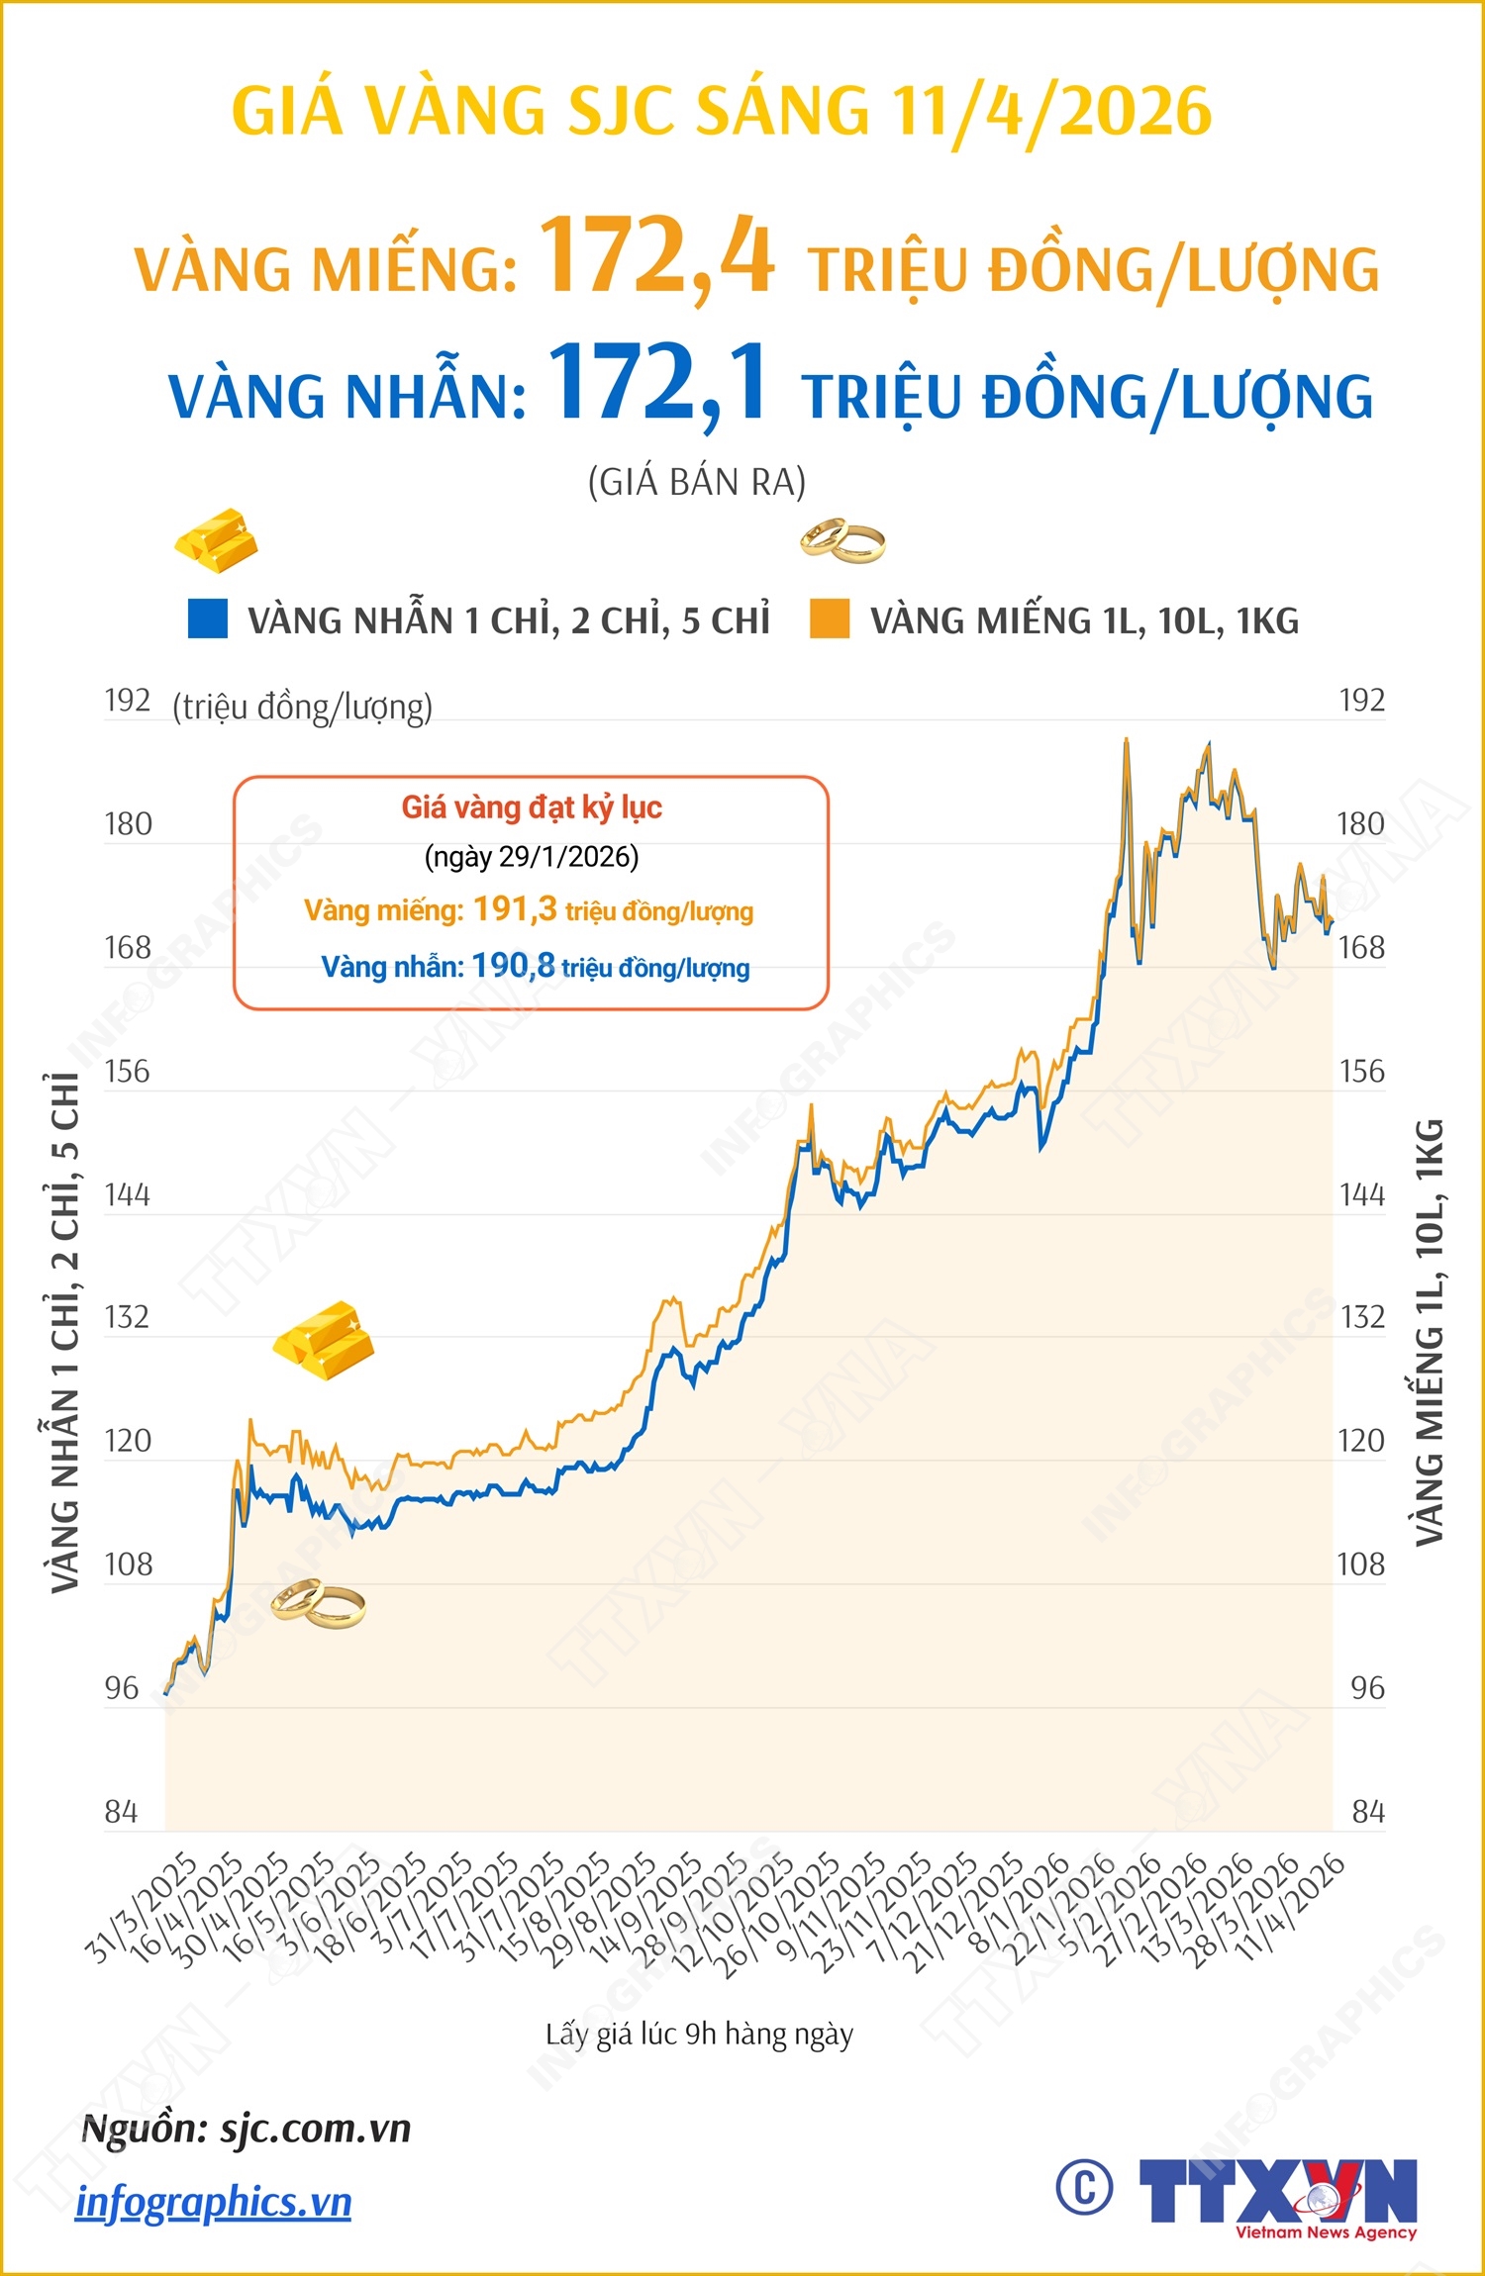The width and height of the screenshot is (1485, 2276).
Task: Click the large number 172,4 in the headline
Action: pyautogui.click(x=656, y=257)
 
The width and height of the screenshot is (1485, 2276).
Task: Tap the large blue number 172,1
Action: pyautogui.click(x=657, y=384)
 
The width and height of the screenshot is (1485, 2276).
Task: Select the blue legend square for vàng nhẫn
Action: pyautogui.click(x=208, y=618)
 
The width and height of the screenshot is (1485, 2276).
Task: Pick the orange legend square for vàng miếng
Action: pyautogui.click(x=830, y=618)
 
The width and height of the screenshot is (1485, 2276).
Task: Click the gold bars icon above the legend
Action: pyautogui.click(x=217, y=540)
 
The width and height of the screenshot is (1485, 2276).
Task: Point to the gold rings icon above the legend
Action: pyautogui.click(x=842, y=540)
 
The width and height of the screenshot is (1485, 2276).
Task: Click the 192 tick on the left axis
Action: pyautogui.click(x=128, y=701)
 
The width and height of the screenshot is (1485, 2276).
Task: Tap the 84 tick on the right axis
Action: pyautogui.click(x=1368, y=1812)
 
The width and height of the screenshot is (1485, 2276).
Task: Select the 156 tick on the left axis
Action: pyautogui.click(x=128, y=1072)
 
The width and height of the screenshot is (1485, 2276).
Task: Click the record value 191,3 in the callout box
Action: pyautogui.click(x=515, y=908)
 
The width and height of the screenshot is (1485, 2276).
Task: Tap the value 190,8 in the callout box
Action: pyautogui.click(x=513, y=966)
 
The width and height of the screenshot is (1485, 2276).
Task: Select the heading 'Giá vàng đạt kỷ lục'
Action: pyautogui.click(x=532, y=807)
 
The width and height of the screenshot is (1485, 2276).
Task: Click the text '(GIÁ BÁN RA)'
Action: pyautogui.click(x=697, y=483)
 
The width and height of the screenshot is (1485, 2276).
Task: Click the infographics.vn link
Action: pyautogui.click(x=214, y=2203)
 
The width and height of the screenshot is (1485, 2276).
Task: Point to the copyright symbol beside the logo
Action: pyautogui.click(x=1084, y=2187)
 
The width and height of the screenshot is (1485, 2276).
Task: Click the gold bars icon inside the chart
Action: pyautogui.click(x=324, y=1341)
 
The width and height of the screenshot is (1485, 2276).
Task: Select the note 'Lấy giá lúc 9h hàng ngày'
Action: pyautogui.click(x=699, y=2035)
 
